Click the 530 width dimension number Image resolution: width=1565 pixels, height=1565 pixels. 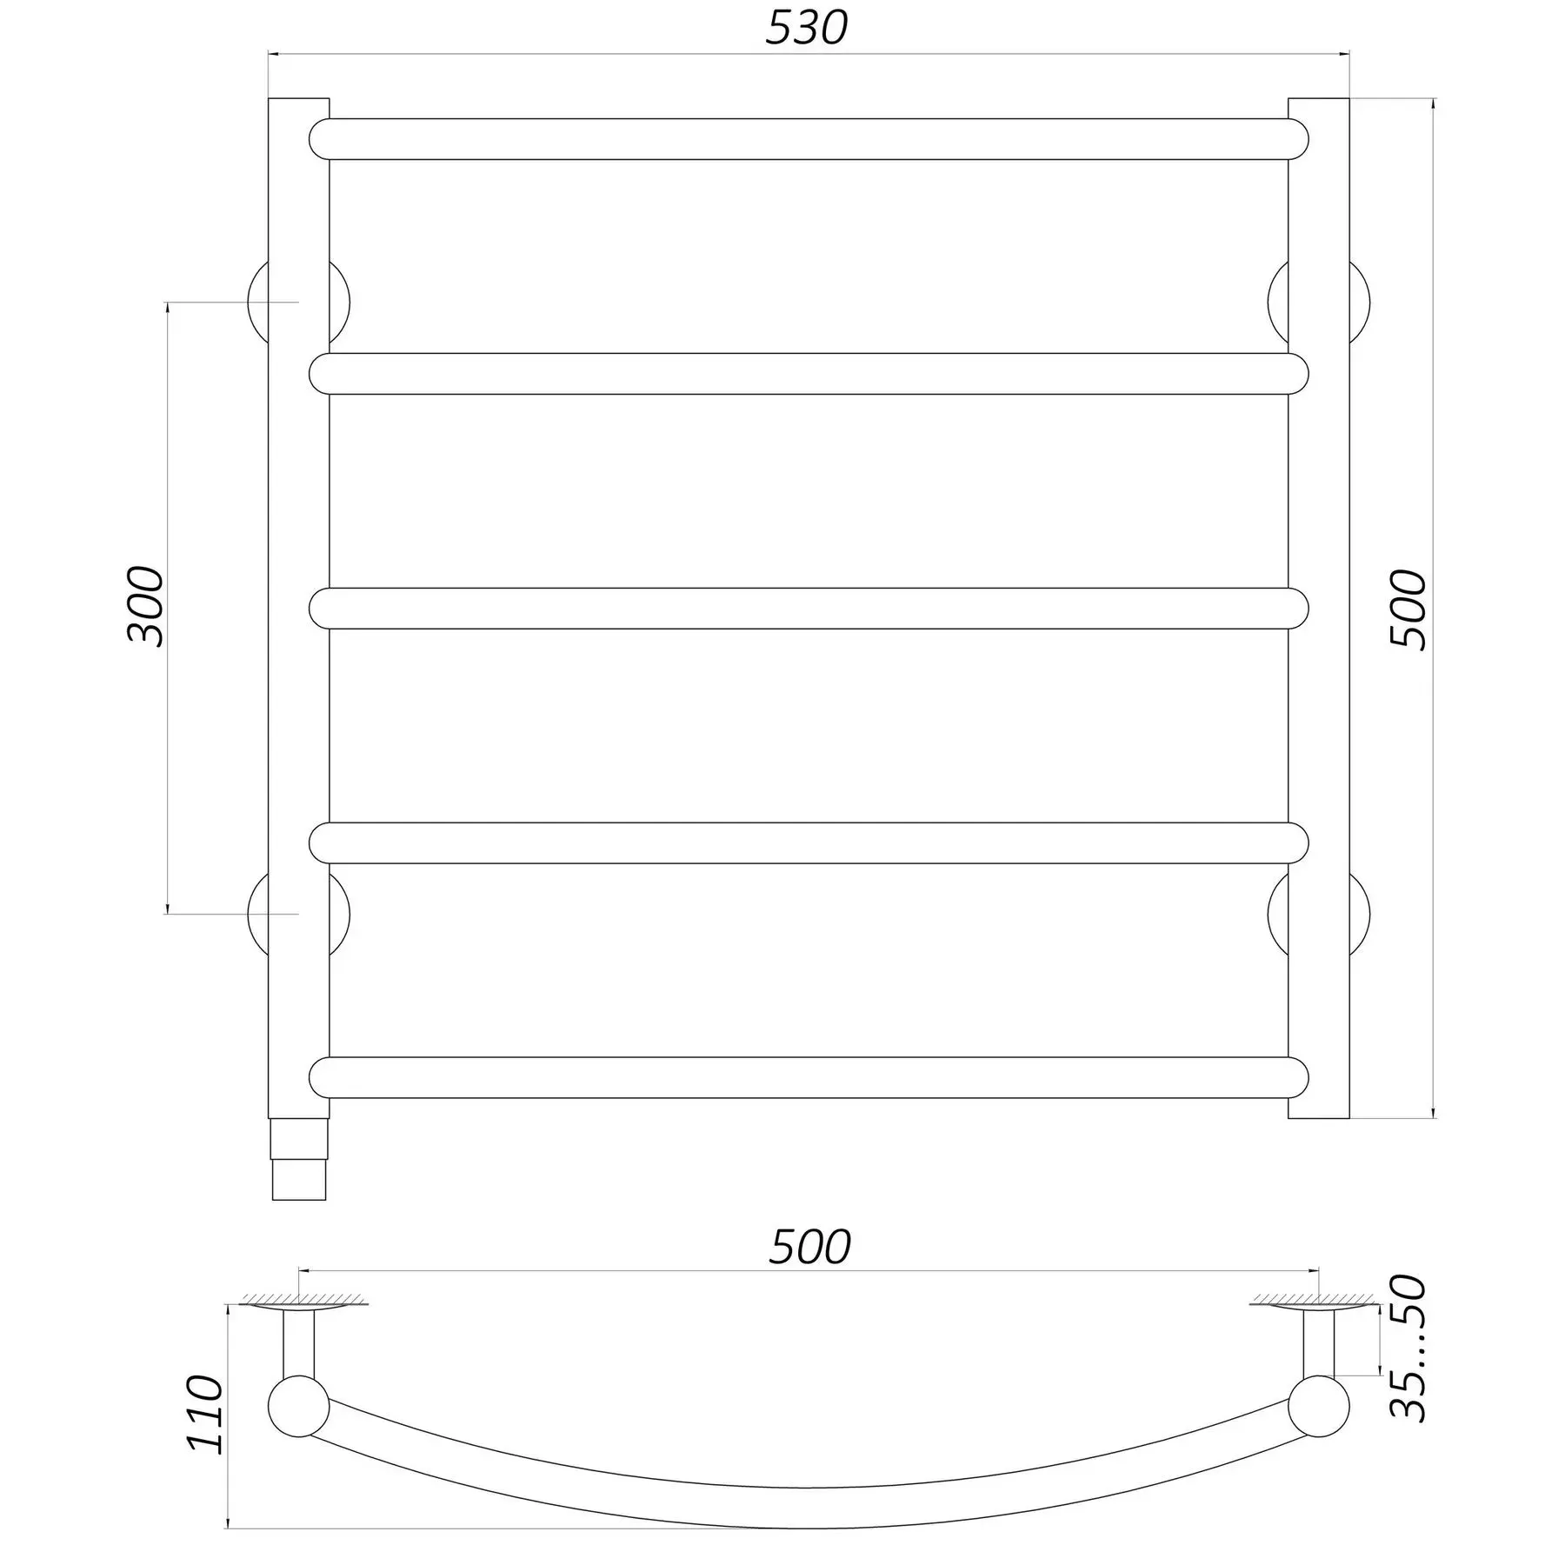[806, 29]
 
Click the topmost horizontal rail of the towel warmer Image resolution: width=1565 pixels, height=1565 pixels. [809, 139]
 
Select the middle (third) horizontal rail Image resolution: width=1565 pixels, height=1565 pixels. [809, 609]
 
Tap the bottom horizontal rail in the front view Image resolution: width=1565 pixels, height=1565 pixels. [809, 1078]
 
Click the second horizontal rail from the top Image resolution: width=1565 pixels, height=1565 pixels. [809, 374]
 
